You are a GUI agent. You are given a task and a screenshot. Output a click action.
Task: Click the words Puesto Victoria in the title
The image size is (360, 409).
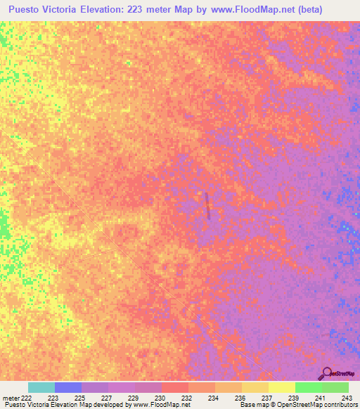coord(43,11)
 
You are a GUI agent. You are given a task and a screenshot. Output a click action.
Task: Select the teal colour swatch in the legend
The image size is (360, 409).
coord(41,387)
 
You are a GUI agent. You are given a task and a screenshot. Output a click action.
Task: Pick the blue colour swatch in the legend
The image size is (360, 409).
coord(68,387)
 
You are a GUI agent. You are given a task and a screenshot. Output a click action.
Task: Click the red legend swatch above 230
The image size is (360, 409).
coord(175,387)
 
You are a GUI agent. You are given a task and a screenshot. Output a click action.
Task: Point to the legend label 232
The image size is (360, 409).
coord(186,398)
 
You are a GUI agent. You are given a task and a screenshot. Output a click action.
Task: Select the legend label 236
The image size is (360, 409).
coord(240,398)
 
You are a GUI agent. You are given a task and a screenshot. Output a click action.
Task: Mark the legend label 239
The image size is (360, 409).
coord(293,398)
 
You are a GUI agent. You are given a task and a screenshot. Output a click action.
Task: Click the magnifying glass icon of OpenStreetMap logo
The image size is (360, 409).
coord(326,372)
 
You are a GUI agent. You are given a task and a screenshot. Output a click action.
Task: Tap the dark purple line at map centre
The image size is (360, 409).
coord(207,205)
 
